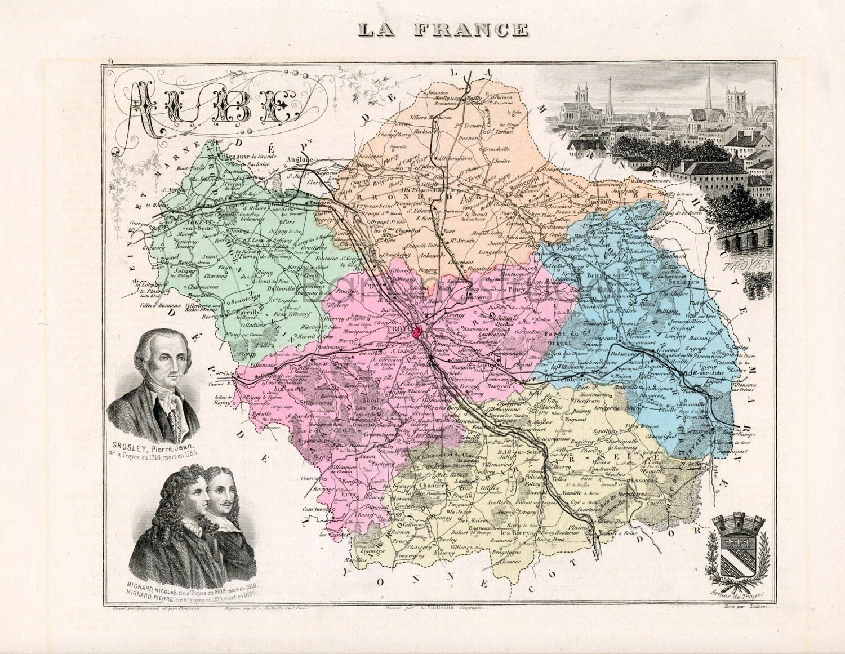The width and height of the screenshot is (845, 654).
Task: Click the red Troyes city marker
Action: [418, 333]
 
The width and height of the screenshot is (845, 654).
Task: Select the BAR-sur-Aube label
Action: [701, 372]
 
